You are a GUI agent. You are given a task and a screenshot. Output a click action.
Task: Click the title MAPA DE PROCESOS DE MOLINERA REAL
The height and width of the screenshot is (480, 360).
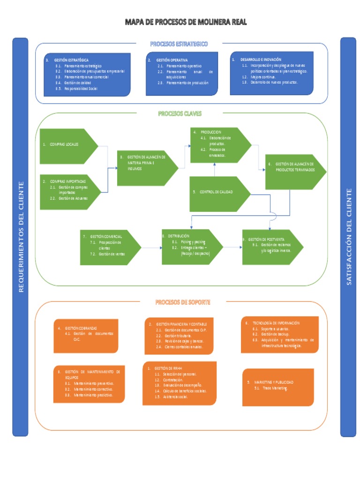(x=185, y=22)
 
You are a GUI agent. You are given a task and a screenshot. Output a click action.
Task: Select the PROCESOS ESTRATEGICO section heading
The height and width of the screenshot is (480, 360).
(x=179, y=44)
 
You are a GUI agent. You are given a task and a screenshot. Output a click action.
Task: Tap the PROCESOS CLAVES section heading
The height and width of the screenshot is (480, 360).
(x=180, y=113)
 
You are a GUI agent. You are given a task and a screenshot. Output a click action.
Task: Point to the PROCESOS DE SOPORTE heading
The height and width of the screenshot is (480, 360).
(x=183, y=302)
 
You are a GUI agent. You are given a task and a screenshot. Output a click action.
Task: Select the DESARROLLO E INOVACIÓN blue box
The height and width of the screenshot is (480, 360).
(x=271, y=73)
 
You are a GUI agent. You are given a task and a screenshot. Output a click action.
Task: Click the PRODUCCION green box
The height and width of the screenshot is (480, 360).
(x=218, y=144)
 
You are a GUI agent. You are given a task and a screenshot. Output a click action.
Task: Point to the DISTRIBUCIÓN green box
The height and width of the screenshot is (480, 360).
(x=190, y=246)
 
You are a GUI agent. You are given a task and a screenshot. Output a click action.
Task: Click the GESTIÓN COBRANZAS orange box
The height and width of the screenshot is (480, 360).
(x=85, y=336)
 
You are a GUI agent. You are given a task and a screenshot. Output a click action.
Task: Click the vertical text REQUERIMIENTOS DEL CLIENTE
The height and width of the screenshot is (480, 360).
(x=21, y=237)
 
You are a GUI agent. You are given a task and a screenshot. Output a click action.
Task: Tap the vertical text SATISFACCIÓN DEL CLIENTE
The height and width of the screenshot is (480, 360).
(x=348, y=237)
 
